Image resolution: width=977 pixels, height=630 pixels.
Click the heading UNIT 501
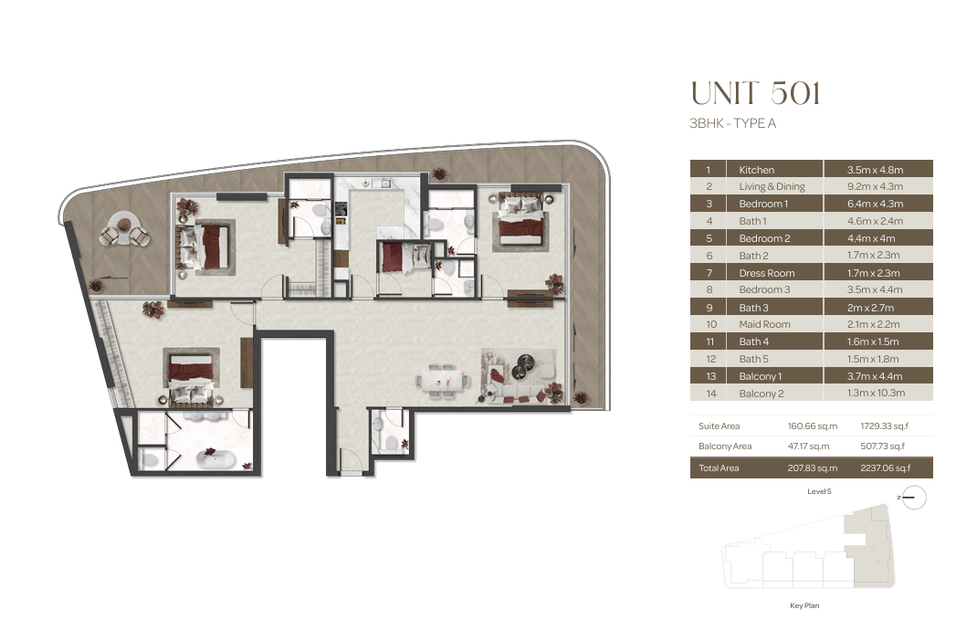(755, 93)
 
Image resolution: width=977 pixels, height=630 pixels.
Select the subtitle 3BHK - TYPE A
(732, 123)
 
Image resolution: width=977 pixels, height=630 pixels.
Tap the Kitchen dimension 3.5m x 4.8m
(875, 170)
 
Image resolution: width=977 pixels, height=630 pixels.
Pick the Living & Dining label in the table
(772, 186)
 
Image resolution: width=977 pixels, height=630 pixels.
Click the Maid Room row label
(764, 324)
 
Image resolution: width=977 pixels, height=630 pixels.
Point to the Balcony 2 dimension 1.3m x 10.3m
(876, 393)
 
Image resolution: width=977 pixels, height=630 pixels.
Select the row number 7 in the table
(709, 273)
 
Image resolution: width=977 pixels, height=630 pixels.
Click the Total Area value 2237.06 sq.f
(886, 468)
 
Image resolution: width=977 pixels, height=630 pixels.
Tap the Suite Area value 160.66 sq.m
(813, 426)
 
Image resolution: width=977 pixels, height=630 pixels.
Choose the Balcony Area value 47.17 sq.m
(809, 446)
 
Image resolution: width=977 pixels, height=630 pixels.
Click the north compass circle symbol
(914, 498)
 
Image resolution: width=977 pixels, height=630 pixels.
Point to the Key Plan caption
(804, 605)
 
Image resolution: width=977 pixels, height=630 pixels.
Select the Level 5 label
(819, 491)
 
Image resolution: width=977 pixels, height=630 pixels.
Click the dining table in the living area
(440, 380)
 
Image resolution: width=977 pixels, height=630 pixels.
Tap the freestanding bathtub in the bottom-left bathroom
(215, 458)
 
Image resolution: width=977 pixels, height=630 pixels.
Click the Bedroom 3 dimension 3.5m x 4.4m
(875, 289)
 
